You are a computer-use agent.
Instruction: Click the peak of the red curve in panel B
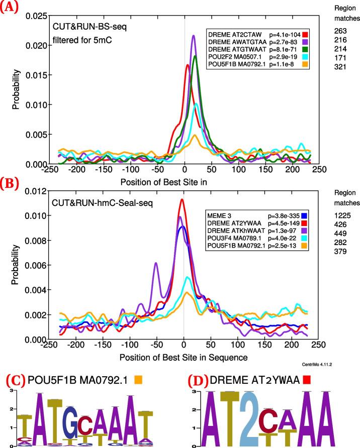[x=182, y=199]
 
